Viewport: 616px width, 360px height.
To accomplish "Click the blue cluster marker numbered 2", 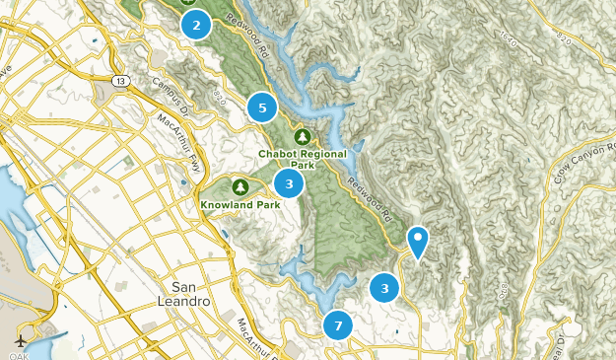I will coord(197,26).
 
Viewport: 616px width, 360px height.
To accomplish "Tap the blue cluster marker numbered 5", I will coord(262,108).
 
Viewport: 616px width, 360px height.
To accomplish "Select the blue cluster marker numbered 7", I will coord(338,324).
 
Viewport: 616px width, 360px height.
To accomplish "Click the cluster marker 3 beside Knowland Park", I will coord(289,182).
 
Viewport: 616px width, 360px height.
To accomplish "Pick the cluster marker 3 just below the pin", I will coord(384,288).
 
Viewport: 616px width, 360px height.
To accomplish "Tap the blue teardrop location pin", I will coord(418,241).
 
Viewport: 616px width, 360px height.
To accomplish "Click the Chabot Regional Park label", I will coord(303,159).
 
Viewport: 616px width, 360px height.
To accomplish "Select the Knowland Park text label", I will coord(240,205).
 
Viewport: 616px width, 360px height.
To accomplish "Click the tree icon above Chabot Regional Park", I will coord(303,136).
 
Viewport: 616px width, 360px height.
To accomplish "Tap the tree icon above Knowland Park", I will coord(240,185).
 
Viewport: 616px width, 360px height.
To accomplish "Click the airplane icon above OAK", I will coord(21,340).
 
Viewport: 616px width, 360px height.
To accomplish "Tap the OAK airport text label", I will coord(21,353).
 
